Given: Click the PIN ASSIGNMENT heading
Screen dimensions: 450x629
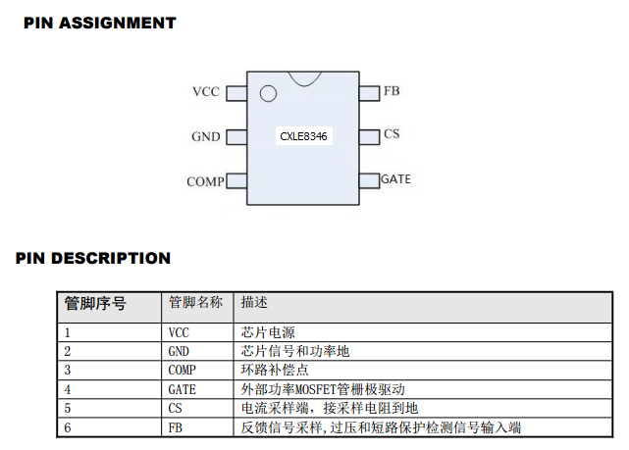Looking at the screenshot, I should tap(99, 23).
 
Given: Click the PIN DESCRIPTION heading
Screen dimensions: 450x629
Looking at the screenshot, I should tap(93, 259).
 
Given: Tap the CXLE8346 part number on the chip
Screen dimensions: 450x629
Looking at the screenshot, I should tap(303, 137).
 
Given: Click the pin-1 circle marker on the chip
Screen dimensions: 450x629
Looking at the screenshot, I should tap(267, 94).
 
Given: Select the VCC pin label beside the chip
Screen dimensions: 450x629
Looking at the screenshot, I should tap(206, 92).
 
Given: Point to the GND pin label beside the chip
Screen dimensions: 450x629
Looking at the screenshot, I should tap(206, 137).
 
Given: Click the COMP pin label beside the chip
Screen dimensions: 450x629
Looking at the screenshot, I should tap(204, 182).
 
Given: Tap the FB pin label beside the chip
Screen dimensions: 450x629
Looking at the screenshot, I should tap(392, 91).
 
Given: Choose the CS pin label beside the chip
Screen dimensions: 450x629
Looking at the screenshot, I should tap(392, 134).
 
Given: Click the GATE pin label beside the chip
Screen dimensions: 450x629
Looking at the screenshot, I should tap(395, 179).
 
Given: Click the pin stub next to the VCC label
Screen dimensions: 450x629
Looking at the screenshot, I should tap(236, 93).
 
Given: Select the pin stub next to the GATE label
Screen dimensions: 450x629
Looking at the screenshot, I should tap(368, 180).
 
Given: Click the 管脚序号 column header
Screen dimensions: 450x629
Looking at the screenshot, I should tap(95, 303).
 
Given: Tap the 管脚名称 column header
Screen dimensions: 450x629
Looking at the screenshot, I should tap(195, 303).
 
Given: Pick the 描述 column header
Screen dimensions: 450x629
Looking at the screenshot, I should tap(254, 303).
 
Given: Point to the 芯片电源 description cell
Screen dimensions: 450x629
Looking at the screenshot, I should tap(267, 332).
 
